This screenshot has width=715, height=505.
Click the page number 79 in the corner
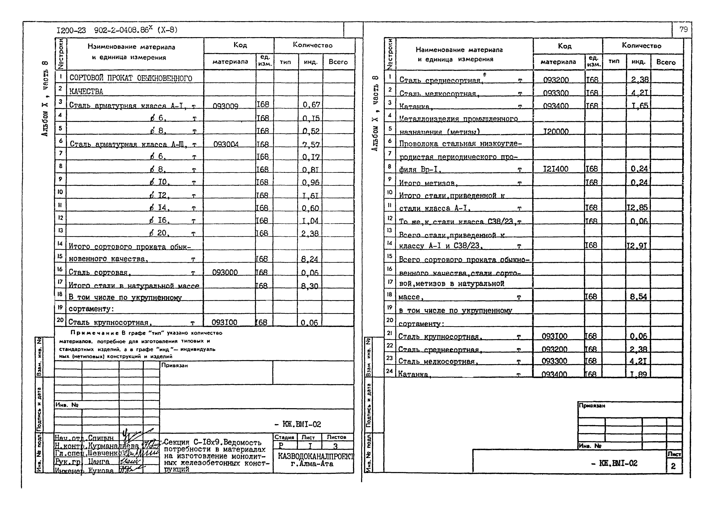pos(684,30)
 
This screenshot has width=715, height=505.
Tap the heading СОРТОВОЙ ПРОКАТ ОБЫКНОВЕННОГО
pos(131,78)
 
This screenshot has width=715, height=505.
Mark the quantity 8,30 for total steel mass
pos(310,286)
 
